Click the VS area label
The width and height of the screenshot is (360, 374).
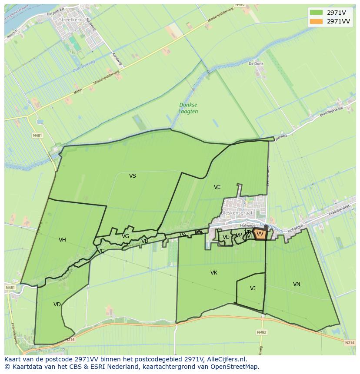[x=133, y=176]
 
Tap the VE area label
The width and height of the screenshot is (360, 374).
[x=217, y=187]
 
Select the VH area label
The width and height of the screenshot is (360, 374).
[x=62, y=240]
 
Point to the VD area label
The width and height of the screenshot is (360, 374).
[x=57, y=304]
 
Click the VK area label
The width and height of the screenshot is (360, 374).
[x=213, y=273]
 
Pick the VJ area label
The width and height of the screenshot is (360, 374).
[x=253, y=288]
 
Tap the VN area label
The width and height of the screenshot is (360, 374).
[x=297, y=284]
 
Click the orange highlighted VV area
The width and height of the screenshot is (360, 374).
[x=260, y=234]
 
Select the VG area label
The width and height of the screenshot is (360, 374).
[x=125, y=236]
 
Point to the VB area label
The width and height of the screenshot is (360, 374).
[x=145, y=241]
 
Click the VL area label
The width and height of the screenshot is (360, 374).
[x=226, y=237]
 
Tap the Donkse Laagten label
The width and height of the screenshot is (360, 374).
[x=188, y=108]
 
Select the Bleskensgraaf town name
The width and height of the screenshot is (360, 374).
[x=237, y=213]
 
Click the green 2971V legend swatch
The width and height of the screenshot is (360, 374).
[x=317, y=13]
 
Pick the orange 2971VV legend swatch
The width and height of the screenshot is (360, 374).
[x=317, y=21]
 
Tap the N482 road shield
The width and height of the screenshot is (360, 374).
[x=261, y=332]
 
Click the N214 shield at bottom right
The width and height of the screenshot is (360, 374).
[x=350, y=343]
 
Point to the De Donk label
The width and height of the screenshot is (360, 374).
[x=256, y=63]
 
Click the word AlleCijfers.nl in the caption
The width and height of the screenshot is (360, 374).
[x=226, y=359]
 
